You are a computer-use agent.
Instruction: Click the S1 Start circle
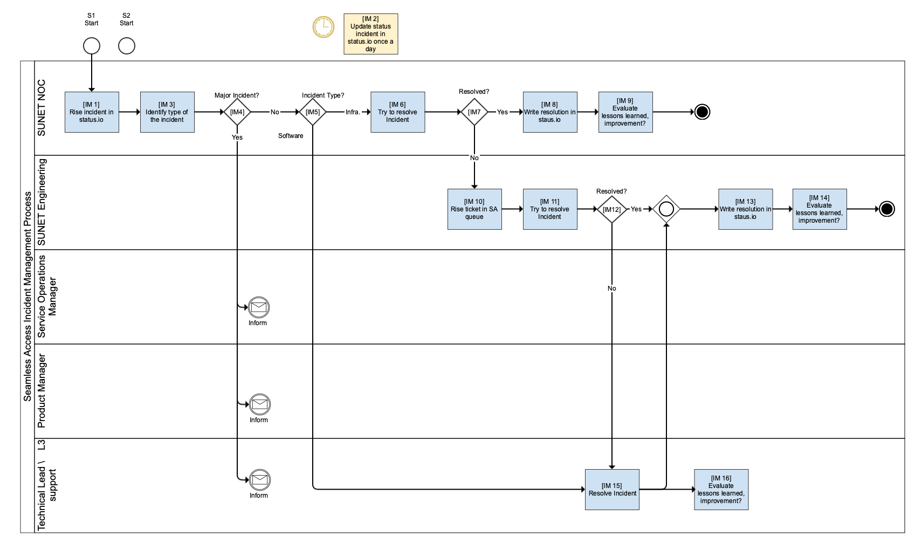[x=92, y=46]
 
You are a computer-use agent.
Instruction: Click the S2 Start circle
[x=127, y=46]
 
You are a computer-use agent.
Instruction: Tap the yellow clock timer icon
[x=324, y=27]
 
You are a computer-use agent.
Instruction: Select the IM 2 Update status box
[x=371, y=34]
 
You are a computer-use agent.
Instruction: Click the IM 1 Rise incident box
[x=92, y=112]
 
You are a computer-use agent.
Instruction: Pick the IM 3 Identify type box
[x=167, y=112]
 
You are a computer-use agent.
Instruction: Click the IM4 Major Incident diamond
[x=237, y=112]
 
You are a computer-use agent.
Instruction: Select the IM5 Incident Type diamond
[x=313, y=112]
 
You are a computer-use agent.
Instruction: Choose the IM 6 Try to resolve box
[x=398, y=112]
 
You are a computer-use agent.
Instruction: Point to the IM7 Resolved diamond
[x=474, y=112]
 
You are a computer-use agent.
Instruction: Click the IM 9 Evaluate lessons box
[x=625, y=112]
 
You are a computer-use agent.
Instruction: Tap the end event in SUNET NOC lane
[x=702, y=112]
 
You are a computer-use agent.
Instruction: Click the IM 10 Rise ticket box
[x=474, y=209]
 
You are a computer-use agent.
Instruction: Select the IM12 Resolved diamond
[x=612, y=209]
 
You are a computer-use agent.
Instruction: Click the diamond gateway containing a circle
[x=666, y=209]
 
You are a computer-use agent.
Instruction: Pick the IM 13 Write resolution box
[x=746, y=209]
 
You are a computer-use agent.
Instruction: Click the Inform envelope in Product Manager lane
[x=259, y=404]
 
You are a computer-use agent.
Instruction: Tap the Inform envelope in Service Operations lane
[x=259, y=307]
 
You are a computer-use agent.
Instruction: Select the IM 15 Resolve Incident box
[x=613, y=490]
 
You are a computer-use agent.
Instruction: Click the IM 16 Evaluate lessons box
[x=721, y=490]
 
